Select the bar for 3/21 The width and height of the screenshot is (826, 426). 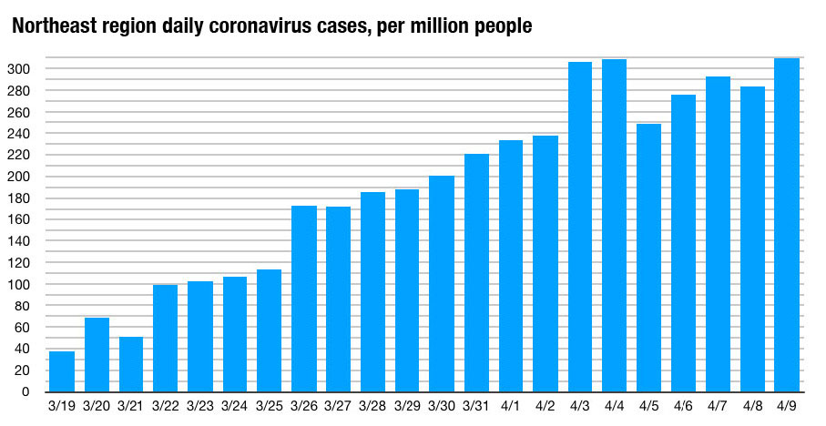131,364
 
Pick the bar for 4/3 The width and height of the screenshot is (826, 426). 580,227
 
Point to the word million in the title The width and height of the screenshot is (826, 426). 419,28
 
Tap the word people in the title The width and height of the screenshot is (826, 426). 497,28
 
